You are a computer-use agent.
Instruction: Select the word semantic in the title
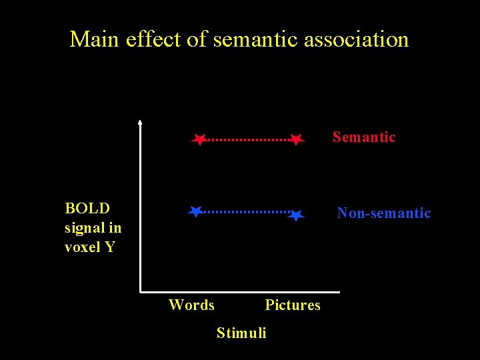tap(256, 39)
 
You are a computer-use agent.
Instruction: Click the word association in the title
tap(356, 39)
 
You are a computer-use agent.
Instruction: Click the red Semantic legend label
tap(364, 137)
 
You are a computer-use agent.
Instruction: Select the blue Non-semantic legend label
tap(384, 213)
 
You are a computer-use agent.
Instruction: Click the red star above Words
tap(199, 139)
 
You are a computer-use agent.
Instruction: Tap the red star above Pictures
tap(297, 139)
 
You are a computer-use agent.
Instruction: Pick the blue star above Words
tap(195, 212)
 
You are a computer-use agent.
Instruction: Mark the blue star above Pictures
tap(297, 215)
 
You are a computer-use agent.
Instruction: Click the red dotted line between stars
tap(248, 140)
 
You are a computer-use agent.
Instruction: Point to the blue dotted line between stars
tap(246, 211)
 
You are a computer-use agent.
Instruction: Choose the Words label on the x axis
tap(192, 305)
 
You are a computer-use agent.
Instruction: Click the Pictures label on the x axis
tap(293, 305)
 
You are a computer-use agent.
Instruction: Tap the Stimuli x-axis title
tap(241, 333)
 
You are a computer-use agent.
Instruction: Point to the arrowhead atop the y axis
tap(140, 122)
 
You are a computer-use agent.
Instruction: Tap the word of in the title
tap(197, 39)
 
